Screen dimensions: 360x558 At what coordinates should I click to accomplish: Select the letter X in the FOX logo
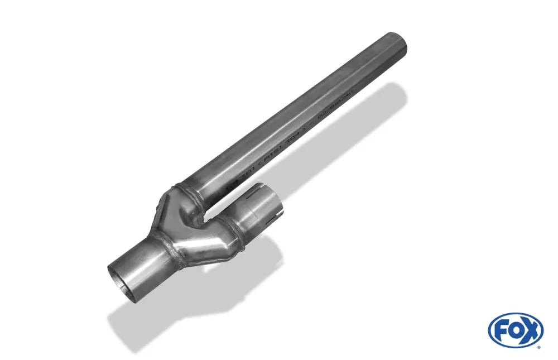pos(530,330)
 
